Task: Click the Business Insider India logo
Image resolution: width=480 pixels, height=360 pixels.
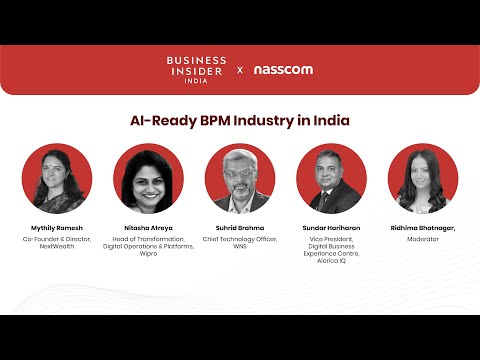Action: (196, 70)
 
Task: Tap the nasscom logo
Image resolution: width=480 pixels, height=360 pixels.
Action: (283, 70)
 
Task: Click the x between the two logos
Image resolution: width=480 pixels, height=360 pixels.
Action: (240, 70)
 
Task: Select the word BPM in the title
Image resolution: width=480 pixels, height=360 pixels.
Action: (215, 120)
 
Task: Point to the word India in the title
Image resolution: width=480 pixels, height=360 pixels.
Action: (331, 120)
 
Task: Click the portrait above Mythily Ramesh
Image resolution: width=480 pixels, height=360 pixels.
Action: (57, 178)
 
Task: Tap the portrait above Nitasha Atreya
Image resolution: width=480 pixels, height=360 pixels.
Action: (148, 178)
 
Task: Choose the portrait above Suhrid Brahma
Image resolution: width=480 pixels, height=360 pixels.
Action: (240, 178)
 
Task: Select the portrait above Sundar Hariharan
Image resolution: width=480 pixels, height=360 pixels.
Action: (331, 178)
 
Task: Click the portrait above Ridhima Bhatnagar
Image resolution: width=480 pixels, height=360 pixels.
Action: (423, 178)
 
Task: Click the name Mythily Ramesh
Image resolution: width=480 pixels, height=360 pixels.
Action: (57, 228)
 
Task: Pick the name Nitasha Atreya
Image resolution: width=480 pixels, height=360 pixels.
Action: (148, 228)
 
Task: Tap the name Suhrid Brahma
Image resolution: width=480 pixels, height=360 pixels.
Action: (240, 228)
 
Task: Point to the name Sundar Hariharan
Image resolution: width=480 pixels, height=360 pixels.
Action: (331, 228)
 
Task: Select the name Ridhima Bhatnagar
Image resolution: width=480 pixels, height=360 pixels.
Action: (423, 228)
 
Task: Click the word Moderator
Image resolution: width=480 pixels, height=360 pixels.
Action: (423, 239)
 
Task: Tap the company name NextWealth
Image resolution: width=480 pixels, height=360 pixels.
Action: (57, 246)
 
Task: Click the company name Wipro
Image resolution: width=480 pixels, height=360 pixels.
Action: (148, 254)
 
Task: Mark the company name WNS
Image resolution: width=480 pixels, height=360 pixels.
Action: (240, 246)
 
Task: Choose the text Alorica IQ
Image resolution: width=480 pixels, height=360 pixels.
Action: (331, 261)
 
